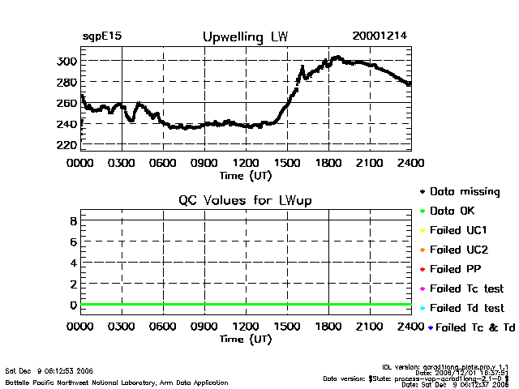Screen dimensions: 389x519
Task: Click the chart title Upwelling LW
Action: (244, 37)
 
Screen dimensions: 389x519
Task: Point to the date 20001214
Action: (380, 36)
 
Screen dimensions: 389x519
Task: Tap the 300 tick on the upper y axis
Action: (66, 62)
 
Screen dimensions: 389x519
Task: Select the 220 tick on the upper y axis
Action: (66, 145)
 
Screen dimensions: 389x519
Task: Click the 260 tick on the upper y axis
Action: (66, 104)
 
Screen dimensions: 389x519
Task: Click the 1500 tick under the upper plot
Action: (287, 162)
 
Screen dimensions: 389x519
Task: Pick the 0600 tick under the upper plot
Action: (163, 162)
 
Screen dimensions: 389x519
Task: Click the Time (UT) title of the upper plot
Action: (246, 174)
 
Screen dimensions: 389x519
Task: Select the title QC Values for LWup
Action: (245, 200)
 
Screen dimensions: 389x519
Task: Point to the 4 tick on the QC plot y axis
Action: (73, 263)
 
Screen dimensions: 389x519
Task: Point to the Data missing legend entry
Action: (464, 192)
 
